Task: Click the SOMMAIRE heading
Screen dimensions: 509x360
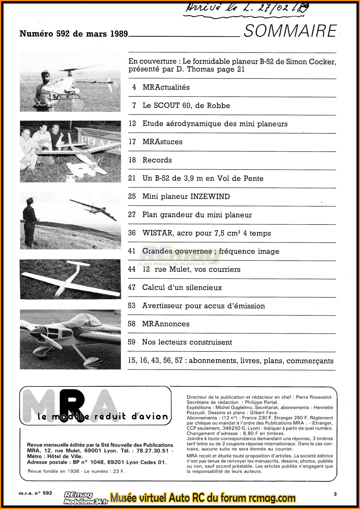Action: pyautogui.click(x=290, y=31)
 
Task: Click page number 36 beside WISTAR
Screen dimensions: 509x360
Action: pyautogui.click(x=132, y=233)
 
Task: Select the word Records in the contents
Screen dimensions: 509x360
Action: pyautogui.click(x=157, y=160)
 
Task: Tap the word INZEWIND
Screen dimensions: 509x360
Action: pyautogui.click(x=210, y=197)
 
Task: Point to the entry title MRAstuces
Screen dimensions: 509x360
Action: pyautogui.click(x=162, y=142)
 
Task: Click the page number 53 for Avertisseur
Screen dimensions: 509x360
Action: pyautogui.click(x=132, y=306)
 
